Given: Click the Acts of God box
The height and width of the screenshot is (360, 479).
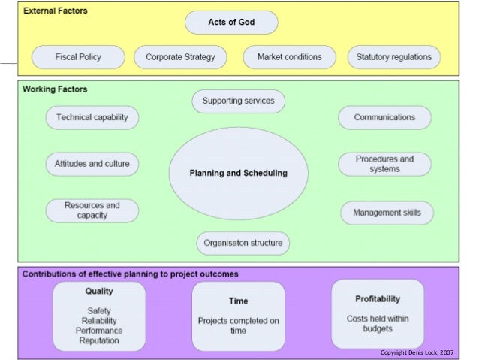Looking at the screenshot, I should [x=231, y=23].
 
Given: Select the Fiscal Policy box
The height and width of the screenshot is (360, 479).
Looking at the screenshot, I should [x=78, y=57].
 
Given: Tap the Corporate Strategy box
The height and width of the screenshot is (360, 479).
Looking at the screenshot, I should [x=180, y=57].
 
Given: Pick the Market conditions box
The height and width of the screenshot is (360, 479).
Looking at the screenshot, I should [x=289, y=57].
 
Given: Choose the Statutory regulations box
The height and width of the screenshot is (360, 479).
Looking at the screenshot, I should [x=394, y=57].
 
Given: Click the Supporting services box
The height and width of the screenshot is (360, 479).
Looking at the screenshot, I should [x=238, y=101].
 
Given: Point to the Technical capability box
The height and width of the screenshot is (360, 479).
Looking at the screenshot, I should [x=92, y=118].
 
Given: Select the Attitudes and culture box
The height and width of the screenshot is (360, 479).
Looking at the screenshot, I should [x=92, y=164].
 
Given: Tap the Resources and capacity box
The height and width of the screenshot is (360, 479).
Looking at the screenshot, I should [x=92, y=210].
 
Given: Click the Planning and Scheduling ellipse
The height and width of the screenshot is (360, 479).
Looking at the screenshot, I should [x=238, y=173].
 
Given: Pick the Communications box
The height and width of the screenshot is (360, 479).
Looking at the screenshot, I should [x=384, y=118].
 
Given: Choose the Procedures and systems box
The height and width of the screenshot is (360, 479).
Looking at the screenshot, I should [x=384, y=164].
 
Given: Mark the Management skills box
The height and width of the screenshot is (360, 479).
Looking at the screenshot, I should [x=387, y=213].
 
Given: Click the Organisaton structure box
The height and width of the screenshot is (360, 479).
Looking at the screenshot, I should [x=243, y=244].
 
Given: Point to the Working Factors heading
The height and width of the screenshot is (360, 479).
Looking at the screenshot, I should [x=55, y=89].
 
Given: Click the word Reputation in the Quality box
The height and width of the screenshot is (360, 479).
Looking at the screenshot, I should [x=100, y=341].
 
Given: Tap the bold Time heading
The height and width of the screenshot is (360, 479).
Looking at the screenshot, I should [x=238, y=301].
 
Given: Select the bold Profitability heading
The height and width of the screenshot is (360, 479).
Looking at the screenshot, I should [x=378, y=298].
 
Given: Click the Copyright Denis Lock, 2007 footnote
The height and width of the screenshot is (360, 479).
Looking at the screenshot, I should [x=417, y=352].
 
